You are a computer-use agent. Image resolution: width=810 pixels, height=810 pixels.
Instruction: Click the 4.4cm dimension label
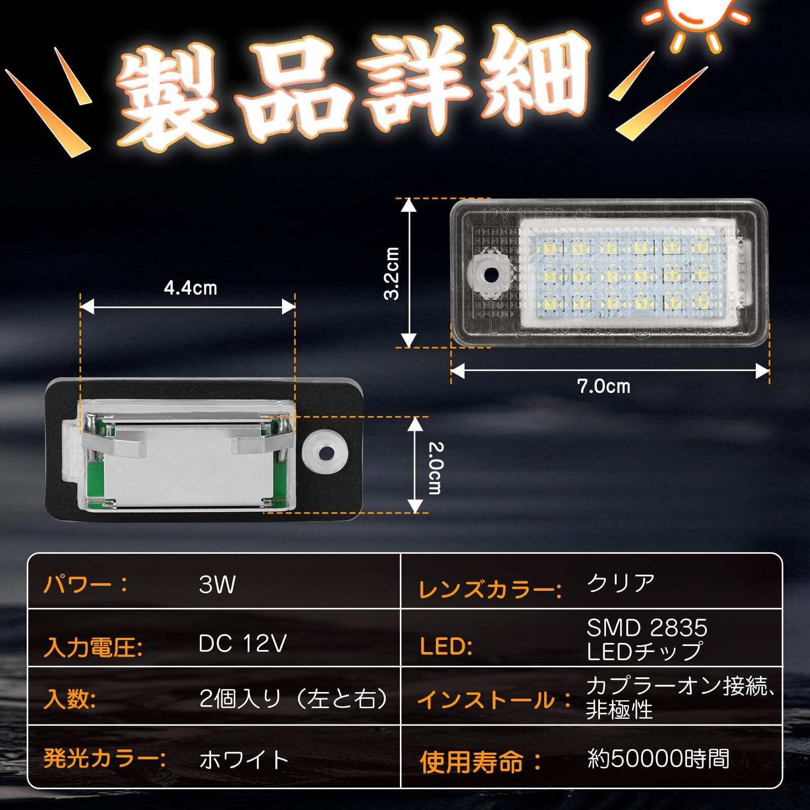tap(190, 288)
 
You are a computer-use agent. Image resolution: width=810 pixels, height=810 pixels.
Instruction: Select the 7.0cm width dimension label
tap(604, 387)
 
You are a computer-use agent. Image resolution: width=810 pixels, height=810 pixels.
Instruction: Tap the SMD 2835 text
tap(646, 628)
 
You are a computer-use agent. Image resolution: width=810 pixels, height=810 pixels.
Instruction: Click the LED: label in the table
tap(445, 646)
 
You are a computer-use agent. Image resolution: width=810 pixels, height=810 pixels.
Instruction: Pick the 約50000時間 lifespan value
tap(659, 759)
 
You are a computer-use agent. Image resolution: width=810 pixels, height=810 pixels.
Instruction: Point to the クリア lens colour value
tap(621, 584)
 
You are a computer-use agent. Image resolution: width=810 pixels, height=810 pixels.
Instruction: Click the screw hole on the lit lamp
tap(491, 275)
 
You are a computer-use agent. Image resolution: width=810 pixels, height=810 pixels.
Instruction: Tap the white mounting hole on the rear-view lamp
tap(325, 449)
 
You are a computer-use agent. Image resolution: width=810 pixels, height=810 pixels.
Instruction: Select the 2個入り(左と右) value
tap(294, 700)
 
